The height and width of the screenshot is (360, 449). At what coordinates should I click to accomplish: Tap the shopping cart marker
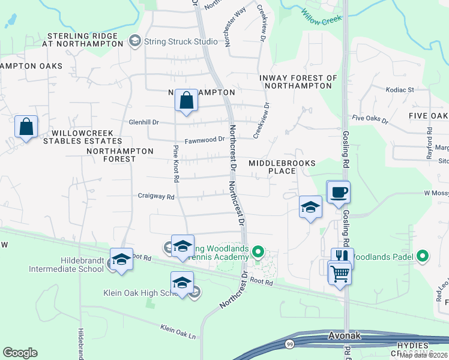tap(340, 273)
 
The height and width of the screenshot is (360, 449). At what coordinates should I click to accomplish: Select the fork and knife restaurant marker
tap(342, 256)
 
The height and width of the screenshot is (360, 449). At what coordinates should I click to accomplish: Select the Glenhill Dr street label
tap(143, 121)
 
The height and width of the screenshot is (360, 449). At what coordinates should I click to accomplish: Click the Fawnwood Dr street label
tap(204, 139)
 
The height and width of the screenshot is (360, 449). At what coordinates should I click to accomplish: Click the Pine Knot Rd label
tap(176, 163)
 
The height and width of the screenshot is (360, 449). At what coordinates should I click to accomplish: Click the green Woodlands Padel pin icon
tap(423, 256)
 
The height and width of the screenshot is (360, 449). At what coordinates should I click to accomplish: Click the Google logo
tap(20, 353)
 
